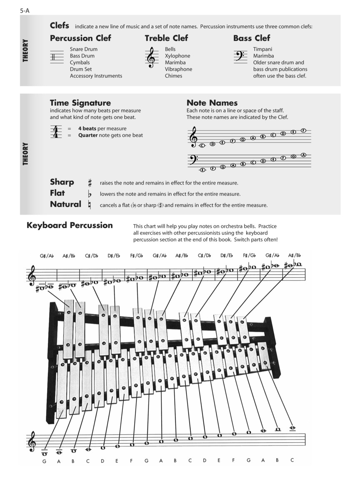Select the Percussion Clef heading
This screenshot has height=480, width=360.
point(80,38)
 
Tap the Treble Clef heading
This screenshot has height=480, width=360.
point(166,38)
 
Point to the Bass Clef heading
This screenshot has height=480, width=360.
point(252,38)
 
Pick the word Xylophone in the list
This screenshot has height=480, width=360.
point(177,56)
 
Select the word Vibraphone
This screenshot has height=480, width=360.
point(178,69)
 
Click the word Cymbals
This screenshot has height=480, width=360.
point(80,62)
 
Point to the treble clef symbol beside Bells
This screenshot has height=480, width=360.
point(151,57)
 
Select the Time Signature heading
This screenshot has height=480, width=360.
point(80,103)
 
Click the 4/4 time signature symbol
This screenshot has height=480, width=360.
point(55,132)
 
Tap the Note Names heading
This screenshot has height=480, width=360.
point(212,103)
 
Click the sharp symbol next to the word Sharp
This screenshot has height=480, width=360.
point(90,183)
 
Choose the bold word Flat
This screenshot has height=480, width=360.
point(57,193)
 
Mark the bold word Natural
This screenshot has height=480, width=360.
point(65,204)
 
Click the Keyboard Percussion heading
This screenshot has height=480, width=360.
point(70,225)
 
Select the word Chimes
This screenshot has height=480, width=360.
point(173,76)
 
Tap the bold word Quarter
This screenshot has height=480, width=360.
point(88,135)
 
